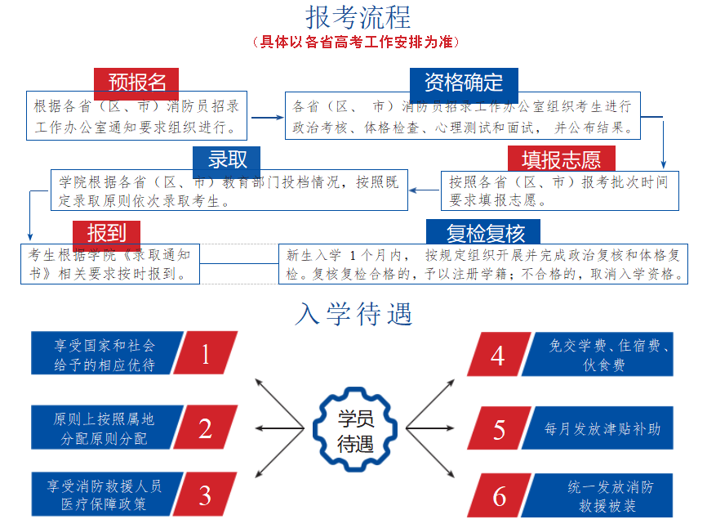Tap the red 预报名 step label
[x=136, y=83]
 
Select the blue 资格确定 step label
[x=463, y=83]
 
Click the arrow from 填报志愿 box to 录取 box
[x=424, y=190]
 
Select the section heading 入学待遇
[x=353, y=314]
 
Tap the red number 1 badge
[x=205, y=353]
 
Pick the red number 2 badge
[x=205, y=428]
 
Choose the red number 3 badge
[x=205, y=495]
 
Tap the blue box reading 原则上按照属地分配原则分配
[x=104, y=428]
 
